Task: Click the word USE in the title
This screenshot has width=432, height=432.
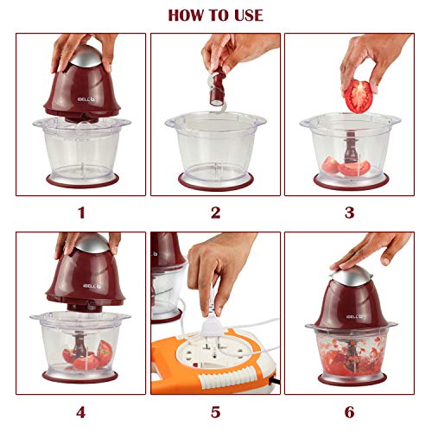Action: click(x=249, y=16)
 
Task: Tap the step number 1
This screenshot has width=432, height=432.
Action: click(x=81, y=213)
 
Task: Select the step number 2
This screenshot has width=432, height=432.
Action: click(x=216, y=213)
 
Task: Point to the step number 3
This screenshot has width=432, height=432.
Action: click(x=350, y=213)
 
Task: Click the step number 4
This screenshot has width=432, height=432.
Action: click(x=81, y=412)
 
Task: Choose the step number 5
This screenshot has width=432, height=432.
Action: click(x=216, y=412)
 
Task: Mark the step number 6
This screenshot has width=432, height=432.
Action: click(x=350, y=412)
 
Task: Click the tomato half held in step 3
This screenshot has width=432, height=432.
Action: click(x=359, y=97)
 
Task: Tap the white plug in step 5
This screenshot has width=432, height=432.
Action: click(x=213, y=326)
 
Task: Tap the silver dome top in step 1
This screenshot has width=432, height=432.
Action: click(x=86, y=56)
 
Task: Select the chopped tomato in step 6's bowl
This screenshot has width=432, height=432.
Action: click(x=351, y=355)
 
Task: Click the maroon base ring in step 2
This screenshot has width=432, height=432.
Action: click(x=216, y=183)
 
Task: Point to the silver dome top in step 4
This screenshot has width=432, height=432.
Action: click(x=92, y=244)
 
